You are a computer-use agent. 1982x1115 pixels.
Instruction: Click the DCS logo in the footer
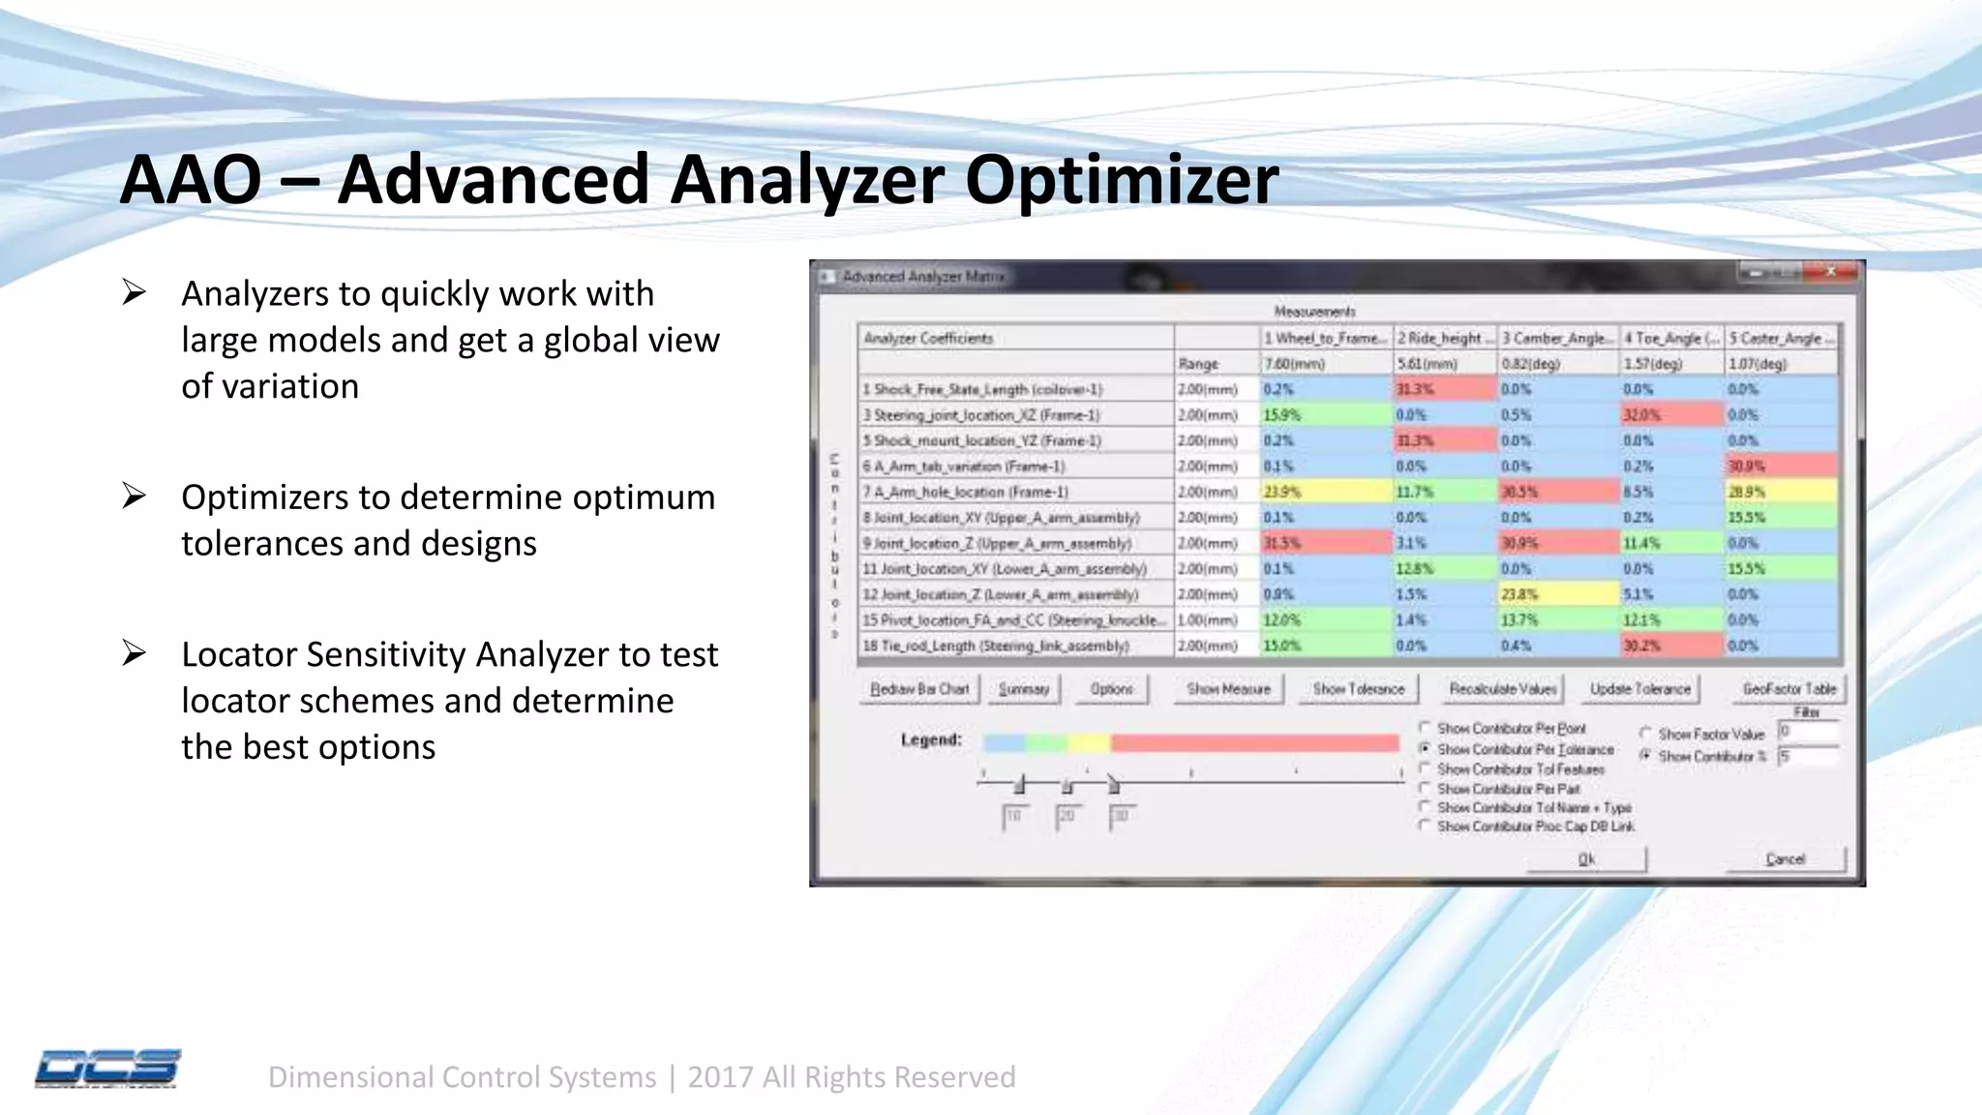[x=107, y=1069]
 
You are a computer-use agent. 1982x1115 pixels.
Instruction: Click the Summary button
[x=1024, y=689]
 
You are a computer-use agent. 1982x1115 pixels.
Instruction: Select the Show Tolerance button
[x=1358, y=689]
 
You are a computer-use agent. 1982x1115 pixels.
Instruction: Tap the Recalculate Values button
[x=1503, y=689]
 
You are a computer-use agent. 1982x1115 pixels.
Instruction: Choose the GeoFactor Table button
[x=1788, y=689]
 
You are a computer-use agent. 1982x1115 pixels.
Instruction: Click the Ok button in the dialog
[x=1586, y=859]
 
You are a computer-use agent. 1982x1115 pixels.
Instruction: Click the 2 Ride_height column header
[x=1444, y=338]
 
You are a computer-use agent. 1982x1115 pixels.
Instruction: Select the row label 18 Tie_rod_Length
[x=997, y=646]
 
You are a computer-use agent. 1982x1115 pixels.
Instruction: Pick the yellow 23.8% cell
[x=1558, y=594]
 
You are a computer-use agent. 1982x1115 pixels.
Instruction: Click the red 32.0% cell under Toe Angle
[x=1671, y=415]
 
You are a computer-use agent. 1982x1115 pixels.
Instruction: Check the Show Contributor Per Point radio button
[x=1425, y=728]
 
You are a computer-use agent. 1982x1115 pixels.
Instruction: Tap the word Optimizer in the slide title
[x=1122, y=180]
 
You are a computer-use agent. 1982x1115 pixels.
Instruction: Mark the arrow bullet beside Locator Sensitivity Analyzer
[x=134, y=654]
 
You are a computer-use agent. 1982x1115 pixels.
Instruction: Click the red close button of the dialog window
[x=1829, y=274]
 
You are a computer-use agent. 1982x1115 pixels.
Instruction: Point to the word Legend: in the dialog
[x=931, y=740]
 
